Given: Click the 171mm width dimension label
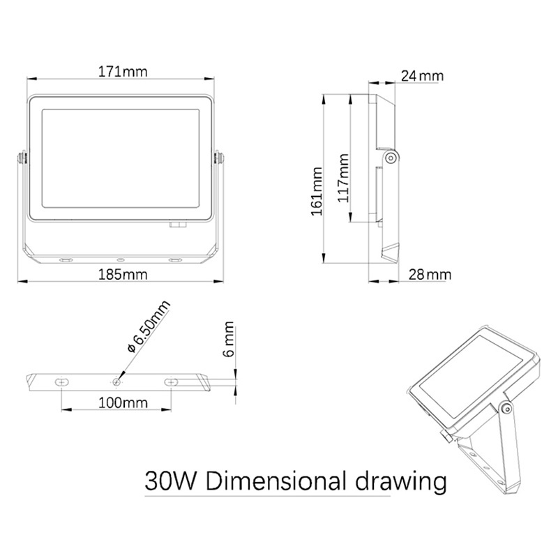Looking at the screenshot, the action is click(123, 72).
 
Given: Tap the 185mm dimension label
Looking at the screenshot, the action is click(123, 275).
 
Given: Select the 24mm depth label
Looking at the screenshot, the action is click(423, 76).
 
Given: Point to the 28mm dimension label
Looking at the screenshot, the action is click(430, 275).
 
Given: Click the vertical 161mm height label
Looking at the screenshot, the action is click(317, 191).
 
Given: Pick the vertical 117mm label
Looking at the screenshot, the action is click(343, 178).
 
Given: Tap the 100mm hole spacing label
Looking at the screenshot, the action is click(123, 403).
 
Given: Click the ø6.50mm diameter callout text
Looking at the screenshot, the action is click(149, 326).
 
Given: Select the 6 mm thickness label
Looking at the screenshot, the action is click(229, 339).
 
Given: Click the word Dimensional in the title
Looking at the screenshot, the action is click(276, 481).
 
